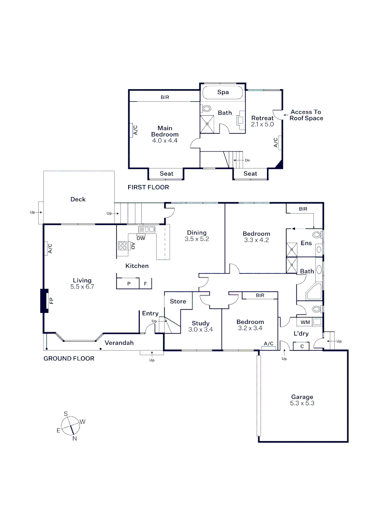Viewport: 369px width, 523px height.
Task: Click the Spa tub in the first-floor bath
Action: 223,92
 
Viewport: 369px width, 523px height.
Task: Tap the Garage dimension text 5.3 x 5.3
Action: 302,403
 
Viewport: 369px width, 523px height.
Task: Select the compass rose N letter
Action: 74,438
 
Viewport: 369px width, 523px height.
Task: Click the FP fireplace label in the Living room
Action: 51,301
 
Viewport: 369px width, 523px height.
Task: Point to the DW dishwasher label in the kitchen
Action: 141,238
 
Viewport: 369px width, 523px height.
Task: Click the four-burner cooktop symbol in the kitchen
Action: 122,246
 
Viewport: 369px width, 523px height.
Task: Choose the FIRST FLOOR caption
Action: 148,187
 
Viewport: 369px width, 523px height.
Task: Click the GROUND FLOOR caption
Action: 69,358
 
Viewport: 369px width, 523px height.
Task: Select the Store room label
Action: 178,301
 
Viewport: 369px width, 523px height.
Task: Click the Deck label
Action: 78,199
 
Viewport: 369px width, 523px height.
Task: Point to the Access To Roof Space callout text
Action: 306,115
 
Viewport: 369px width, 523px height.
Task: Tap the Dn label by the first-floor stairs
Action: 248,160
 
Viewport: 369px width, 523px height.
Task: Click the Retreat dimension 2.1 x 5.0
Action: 263,124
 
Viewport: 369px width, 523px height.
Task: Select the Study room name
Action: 201,323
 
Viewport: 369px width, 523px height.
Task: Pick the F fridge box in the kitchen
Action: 145,283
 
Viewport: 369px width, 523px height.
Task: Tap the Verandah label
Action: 119,342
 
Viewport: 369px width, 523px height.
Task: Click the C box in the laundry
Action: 301,346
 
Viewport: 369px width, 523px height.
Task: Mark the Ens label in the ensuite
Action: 306,243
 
